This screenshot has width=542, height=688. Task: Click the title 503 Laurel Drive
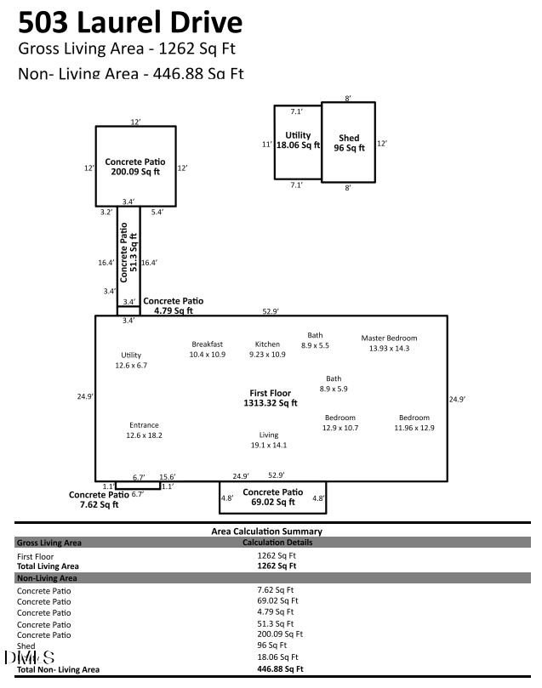(129, 22)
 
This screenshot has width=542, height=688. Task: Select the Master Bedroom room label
(390, 337)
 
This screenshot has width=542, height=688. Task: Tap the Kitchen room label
(267, 344)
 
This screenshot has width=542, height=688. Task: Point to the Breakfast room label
(207, 344)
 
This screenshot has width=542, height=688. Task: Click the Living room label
(269, 435)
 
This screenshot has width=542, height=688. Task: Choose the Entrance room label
(144, 425)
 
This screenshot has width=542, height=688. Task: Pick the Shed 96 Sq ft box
(349, 142)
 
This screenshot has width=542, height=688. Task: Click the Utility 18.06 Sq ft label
(298, 140)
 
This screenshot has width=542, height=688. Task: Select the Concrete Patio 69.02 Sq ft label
(272, 497)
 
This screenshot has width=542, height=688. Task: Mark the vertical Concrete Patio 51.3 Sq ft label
(128, 253)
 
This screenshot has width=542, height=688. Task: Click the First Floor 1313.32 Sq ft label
(270, 398)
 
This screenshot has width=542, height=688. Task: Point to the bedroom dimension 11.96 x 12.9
(414, 428)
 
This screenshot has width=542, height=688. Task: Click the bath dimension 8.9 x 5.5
(315, 345)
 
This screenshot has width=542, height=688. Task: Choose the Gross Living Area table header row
(49, 543)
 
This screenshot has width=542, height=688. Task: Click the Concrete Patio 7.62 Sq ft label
(99, 499)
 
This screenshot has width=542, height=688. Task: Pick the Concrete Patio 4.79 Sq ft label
(173, 305)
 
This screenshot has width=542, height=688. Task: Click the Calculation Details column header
(277, 543)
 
